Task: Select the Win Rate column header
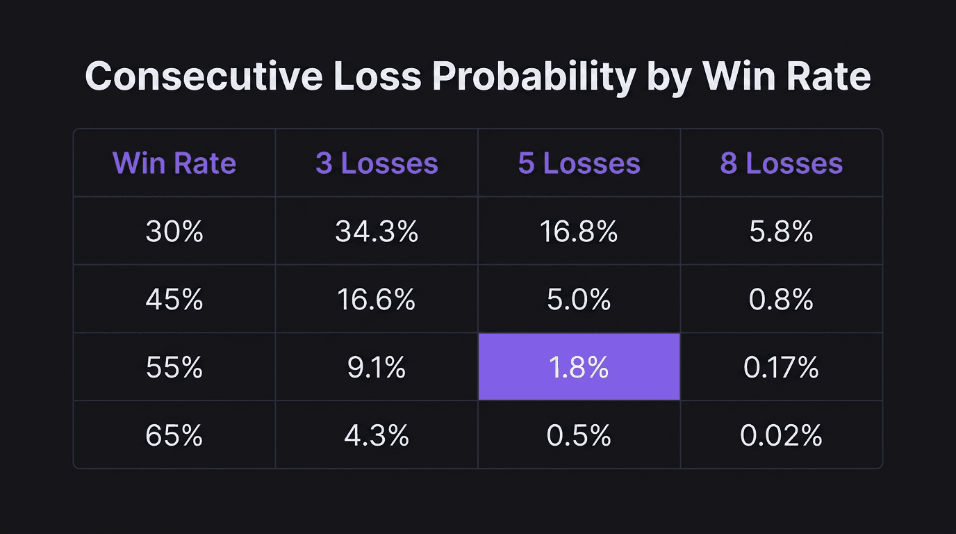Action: coord(174,163)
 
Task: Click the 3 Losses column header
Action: coord(377,163)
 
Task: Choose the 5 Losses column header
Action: coord(579,163)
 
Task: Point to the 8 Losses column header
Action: coord(781,163)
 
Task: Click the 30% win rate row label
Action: coord(174,232)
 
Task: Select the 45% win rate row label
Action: coord(174,300)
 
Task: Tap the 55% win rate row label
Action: coord(174,368)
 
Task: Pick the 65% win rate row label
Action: coord(174,436)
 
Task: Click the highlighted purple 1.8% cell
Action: coord(579,367)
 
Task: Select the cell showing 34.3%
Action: coord(377,232)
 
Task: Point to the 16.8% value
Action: coord(579,232)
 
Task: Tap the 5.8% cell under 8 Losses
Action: coord(781,232)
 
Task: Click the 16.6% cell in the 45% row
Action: coord(377,300)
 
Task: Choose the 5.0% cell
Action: coord(579,300)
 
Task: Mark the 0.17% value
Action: coord(781,368)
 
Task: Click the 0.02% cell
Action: coord(781,436)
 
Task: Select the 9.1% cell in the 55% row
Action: coord(377,368)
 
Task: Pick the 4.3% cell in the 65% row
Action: coord(377,436)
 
